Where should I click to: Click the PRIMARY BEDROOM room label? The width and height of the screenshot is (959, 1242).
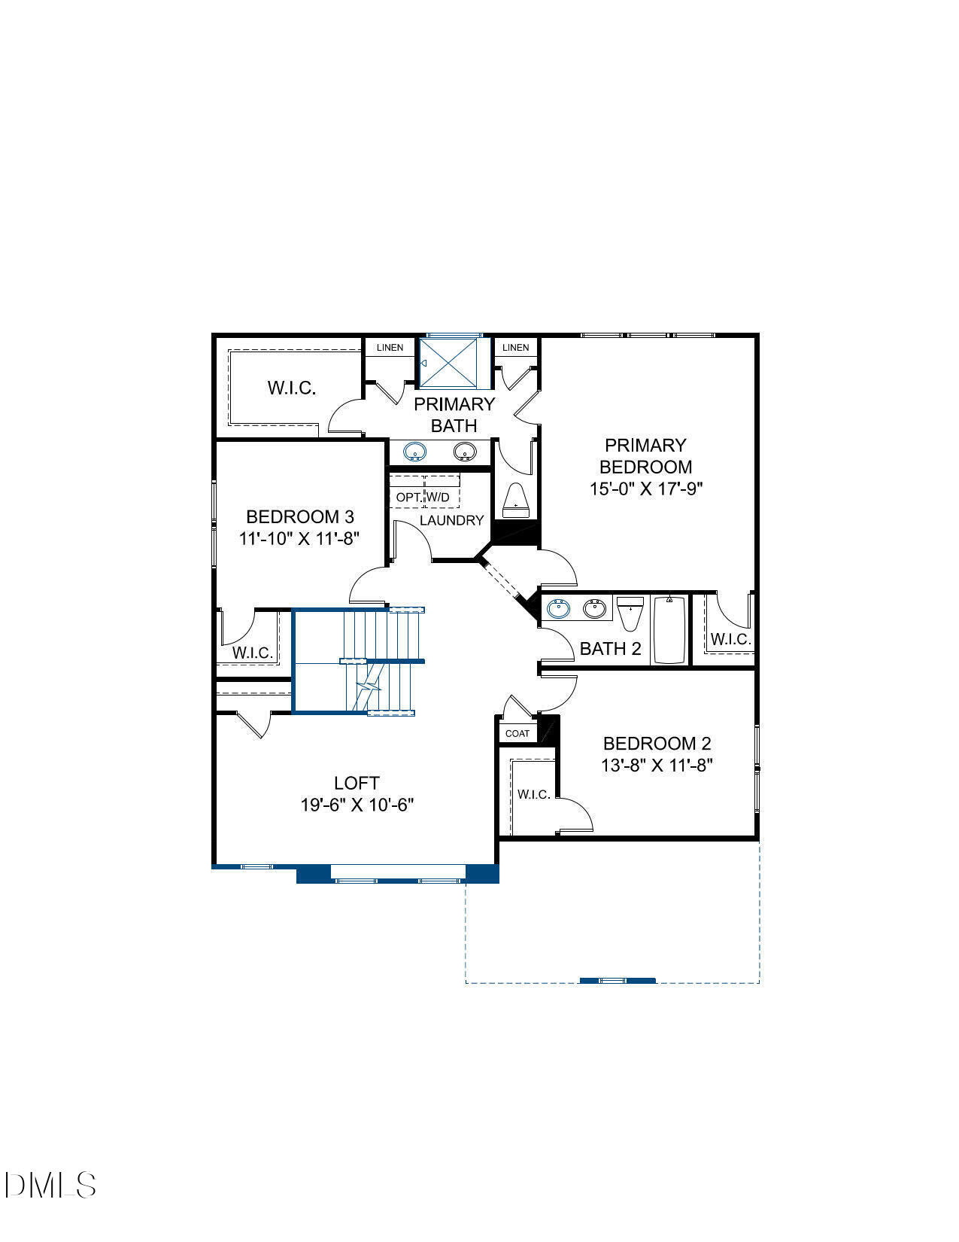click(x=645, y=455)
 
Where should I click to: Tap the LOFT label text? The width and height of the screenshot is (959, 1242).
click(x=357, y=783)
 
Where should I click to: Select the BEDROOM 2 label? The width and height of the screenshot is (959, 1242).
click(x=657, y=744)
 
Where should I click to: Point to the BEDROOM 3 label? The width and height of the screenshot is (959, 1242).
click(x=300, y=517)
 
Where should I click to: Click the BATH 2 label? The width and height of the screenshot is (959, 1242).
click(x=610, y=649)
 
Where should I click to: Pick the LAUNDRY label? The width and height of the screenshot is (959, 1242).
click(x=451, y=520)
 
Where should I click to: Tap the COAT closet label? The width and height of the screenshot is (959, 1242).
click(x=517, y=733)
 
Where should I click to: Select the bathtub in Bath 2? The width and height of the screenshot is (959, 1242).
click(x=669, y=629)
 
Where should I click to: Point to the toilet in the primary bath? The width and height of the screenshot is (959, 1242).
click(x=515, y=500)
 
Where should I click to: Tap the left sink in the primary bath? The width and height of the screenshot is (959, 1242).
click(x=414, y=452)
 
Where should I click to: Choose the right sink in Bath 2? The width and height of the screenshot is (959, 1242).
click(x=595, y=608)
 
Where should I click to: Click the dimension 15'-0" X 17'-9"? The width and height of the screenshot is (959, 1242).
click(x=645, y=489)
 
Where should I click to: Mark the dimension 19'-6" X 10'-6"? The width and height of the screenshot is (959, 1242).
click(x=357, y=805)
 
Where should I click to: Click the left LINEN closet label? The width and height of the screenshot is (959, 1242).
click(x=390, y=348)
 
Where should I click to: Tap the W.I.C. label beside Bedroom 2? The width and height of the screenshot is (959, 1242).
click(x=533, y=794)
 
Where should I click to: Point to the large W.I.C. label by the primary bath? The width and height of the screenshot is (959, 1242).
click(x=291, y=388)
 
